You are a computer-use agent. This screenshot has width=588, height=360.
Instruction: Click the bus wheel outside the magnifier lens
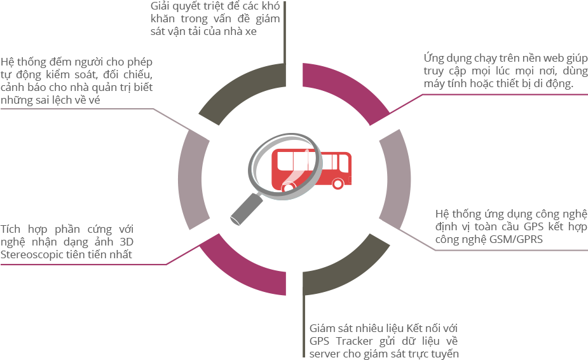tap(338, 184)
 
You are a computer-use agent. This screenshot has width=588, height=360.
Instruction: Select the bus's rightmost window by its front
tap(344, 163)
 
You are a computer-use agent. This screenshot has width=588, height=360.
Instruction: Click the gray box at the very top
tap(215, 18)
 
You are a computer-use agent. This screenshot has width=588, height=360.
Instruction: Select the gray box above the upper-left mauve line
tap(76, 81)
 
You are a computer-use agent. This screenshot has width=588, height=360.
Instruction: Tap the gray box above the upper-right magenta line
tap(505, 70)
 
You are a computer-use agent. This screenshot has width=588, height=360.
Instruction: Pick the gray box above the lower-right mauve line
tap(511, 226)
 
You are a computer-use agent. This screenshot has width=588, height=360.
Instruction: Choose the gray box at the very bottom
tap(384, 341)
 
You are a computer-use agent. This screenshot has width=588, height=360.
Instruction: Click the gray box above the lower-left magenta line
tap(67, 242)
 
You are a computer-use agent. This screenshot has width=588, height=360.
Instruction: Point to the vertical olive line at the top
tap(284, 32)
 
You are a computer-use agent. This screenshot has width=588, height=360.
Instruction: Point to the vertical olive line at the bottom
tap(304, 324)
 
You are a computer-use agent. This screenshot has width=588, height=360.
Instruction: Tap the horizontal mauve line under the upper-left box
tap(76, 109)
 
